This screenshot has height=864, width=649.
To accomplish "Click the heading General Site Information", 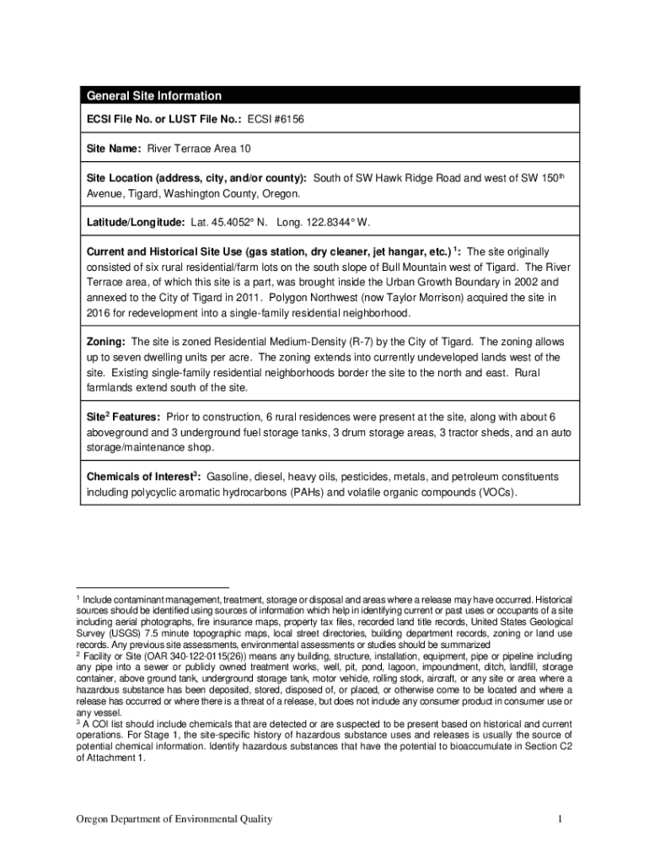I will point(154,96).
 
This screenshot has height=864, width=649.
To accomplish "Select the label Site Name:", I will point(115,149).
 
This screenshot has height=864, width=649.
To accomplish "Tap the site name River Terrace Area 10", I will point(200,149).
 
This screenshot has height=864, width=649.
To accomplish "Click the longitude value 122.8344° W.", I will point(335,222).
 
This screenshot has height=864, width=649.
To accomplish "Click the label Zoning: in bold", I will point(107,343).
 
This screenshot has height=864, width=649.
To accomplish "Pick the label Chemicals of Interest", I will point(141,478).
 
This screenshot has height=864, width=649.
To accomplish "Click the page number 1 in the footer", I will point(559,819).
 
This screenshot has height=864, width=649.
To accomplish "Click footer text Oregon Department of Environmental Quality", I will point(174,819).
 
